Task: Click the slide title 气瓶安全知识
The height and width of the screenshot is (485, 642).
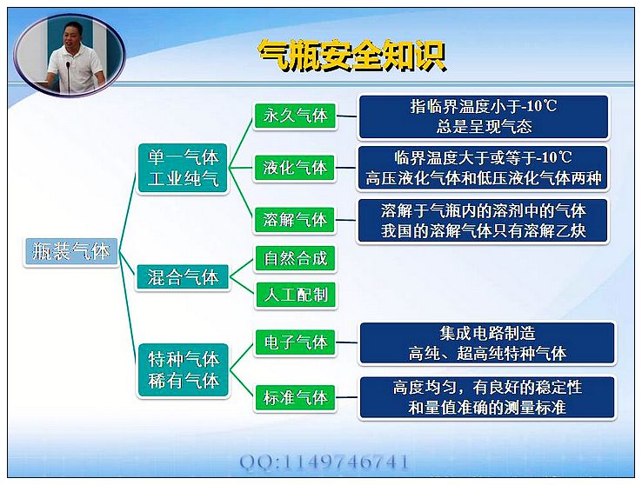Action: click(352, 56)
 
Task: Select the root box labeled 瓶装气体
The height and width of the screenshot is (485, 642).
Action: click(71, 252)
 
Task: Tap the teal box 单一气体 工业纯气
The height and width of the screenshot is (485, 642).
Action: click(183, 168)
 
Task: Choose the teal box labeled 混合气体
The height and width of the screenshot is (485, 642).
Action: click(183, 277)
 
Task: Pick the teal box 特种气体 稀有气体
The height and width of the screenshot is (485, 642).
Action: click(183, 370)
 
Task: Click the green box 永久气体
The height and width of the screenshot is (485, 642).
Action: click(295, 116)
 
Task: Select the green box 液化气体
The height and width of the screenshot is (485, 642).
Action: click(295, 168)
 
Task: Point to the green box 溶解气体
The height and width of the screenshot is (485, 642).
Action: click(295, 221)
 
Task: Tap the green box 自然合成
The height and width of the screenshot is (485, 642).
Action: click(296, 258)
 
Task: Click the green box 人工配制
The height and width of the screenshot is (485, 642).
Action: click(296, 295)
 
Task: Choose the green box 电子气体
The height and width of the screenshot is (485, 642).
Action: click(295, 342)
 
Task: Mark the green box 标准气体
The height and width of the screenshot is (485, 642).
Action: click(295, 397)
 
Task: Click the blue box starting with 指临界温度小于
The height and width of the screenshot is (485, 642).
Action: click(484, 117)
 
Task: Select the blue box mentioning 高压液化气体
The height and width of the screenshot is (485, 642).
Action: click(483, 168)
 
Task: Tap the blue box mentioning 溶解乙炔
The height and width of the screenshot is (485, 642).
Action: click(483, 221)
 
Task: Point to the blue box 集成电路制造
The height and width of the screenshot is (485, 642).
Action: click(487, 343)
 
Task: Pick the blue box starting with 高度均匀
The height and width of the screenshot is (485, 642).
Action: click(487, 398)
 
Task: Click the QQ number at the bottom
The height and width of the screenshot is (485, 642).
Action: click(324, 462)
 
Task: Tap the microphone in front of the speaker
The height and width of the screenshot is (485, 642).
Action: click(69, 76)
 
